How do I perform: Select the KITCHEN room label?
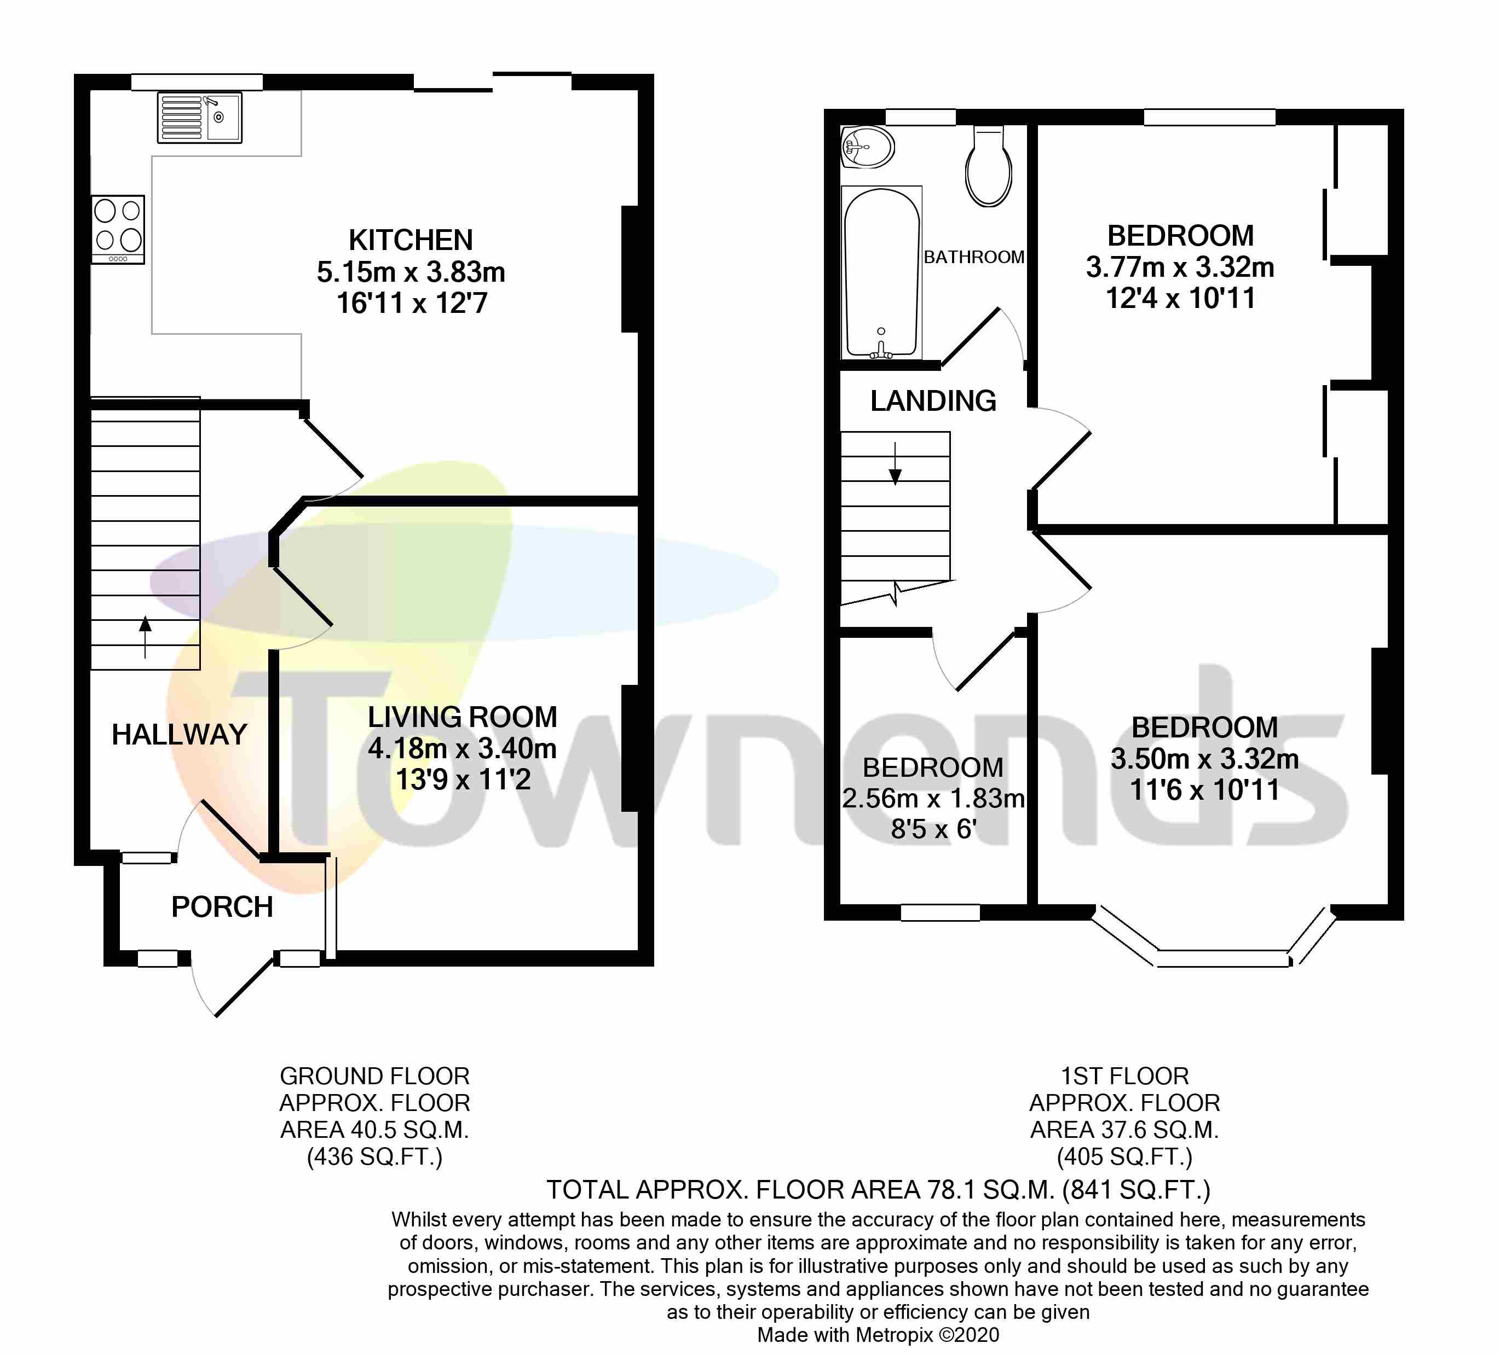[411, 240]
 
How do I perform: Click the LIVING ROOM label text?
[462, 717]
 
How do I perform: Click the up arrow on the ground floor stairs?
[145, 636]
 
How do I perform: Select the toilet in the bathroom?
[988, 167]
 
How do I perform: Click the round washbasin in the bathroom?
[868, 147]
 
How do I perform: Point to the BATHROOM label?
[974, 257]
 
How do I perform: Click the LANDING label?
[933, 402]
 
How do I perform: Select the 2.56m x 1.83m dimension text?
[933, 799]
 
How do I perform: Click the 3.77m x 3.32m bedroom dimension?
[1180, 267]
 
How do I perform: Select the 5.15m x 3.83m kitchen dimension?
[411, 272]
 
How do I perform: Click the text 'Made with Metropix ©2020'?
[878, 1335]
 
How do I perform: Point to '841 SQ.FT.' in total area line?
[1135, 1190]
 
